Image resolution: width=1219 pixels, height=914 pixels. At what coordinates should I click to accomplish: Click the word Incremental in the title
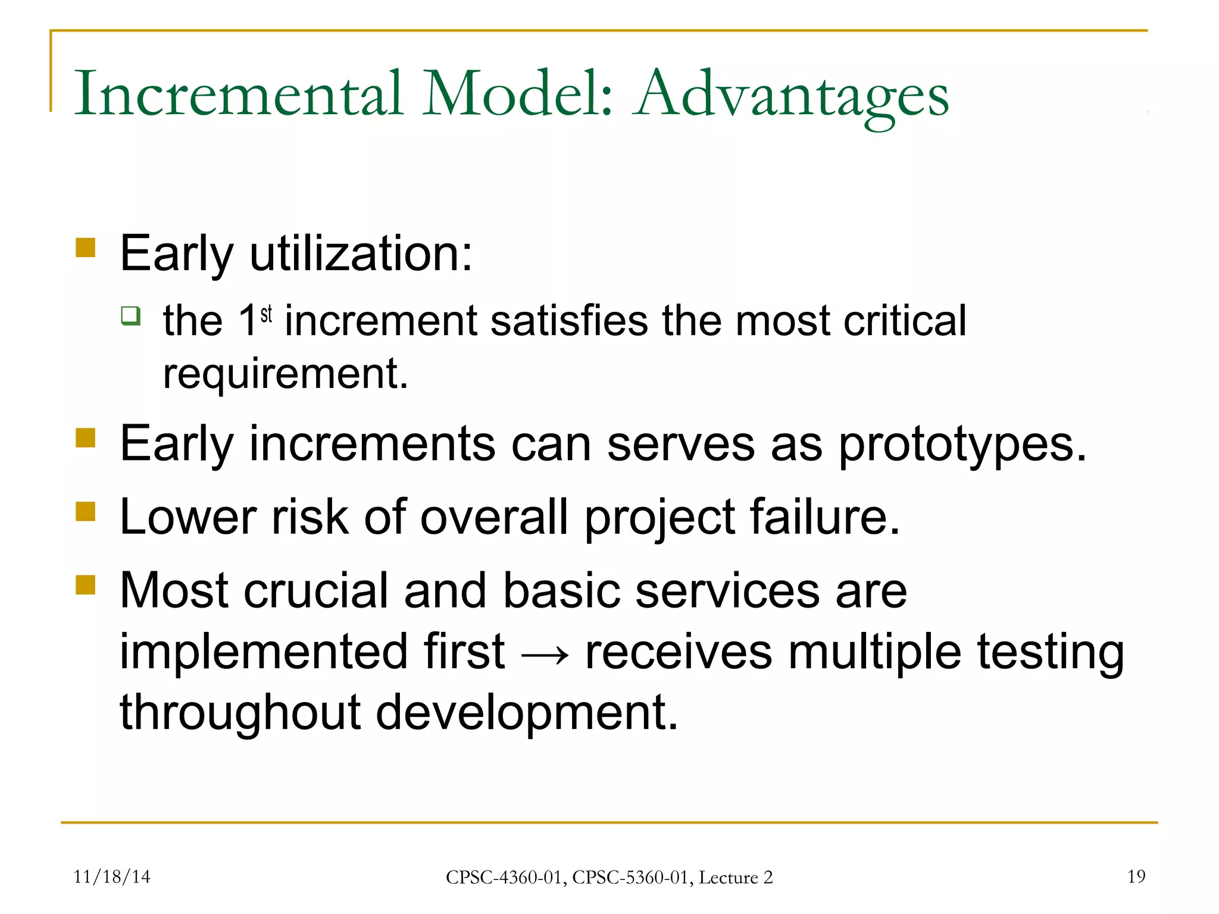click(238, 94)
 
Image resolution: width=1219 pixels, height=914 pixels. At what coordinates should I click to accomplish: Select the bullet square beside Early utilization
click(86, 248)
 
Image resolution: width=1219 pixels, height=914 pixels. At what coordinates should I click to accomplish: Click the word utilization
click(361, 254)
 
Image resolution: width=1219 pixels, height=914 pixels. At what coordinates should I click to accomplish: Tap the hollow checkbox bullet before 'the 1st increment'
click(130, 315)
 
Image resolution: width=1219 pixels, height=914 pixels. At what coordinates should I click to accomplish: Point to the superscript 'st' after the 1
click(266, 313)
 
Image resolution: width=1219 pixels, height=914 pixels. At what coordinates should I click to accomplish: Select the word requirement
click(285, 375)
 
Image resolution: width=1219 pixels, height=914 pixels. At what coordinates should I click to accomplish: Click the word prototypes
click(962, 445)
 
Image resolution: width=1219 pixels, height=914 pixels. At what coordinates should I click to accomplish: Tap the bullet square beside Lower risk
click(86, 511)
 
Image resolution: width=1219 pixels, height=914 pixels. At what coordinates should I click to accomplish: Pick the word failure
click(825, 517)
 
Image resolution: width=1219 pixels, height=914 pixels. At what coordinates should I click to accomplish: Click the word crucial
click(315, 591)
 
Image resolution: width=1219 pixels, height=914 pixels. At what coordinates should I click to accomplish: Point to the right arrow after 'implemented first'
click(545, 655)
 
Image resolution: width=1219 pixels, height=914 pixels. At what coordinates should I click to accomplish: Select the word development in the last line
click(526, 713)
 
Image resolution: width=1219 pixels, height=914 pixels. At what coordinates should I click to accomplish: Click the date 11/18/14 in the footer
click(111, 877)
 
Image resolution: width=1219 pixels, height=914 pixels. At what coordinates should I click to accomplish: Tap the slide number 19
click(1136, 877)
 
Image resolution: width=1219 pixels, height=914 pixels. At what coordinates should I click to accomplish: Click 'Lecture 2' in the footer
click(735, 878)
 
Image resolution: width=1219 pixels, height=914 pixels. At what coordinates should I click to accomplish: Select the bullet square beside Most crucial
click(86, 585)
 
